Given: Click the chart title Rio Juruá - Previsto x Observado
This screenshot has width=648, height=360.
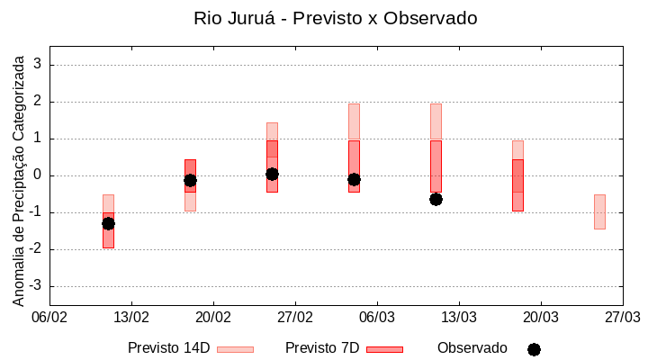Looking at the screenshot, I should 335,18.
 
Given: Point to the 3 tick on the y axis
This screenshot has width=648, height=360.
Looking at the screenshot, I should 39,65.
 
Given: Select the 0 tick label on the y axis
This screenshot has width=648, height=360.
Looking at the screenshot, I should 39,175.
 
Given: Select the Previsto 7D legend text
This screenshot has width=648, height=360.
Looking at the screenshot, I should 321,348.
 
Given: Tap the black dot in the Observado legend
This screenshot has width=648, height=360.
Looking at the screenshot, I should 534,349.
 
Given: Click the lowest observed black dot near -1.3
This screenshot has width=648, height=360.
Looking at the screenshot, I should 108,223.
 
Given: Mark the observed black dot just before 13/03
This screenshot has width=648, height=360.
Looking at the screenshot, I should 436,199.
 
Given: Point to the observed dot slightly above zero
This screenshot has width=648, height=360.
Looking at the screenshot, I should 272,174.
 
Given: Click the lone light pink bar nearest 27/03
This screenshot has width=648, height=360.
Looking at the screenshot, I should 599,211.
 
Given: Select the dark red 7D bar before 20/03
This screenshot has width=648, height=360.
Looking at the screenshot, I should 517,184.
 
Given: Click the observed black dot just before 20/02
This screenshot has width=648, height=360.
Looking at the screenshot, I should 190,180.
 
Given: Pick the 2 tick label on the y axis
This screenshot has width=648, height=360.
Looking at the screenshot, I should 39,102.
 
